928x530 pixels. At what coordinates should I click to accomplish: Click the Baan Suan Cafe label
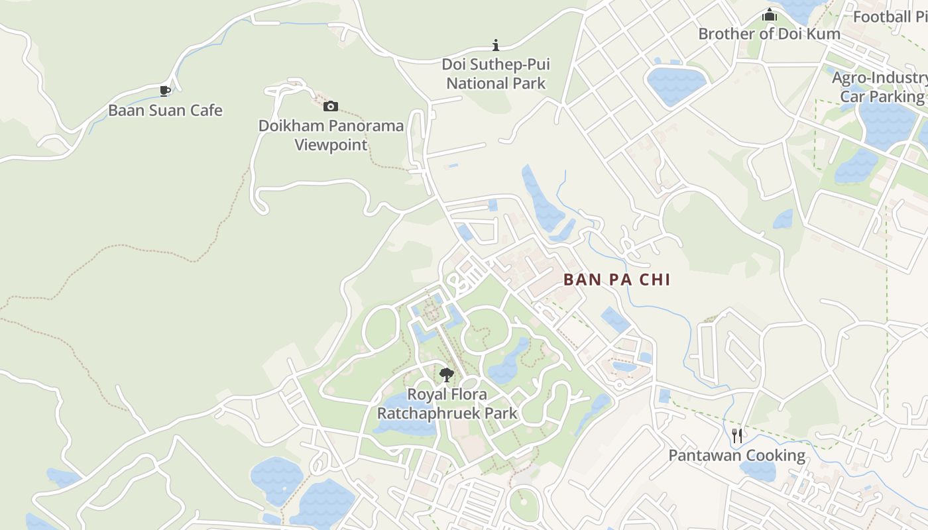[165, 110]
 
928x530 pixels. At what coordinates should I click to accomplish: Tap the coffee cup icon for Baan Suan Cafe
[165, 91]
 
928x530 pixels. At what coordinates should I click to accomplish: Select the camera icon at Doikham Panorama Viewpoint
[330, 106]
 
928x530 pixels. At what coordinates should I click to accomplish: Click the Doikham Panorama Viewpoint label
[331, 135]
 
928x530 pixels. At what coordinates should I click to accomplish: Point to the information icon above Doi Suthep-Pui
[495, 45]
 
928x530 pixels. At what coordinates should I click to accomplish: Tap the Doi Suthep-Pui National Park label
[496, 74]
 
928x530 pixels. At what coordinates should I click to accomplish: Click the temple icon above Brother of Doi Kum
[769, 15]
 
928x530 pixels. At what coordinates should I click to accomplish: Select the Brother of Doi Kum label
[769, 34]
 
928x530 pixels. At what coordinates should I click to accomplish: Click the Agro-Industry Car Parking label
[881, 87]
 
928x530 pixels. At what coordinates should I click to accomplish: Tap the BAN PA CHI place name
[616, 280]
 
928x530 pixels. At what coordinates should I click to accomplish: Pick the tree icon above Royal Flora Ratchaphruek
[447, 375]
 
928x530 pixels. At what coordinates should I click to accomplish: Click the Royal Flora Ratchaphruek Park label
[447, 404]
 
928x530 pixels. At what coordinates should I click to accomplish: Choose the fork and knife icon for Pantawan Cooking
[736, 435]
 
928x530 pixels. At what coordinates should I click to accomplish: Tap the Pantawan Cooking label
[736, 455]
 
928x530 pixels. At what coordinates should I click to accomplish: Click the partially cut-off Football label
[890, 17]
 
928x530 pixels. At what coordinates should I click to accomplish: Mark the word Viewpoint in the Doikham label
[331, 144]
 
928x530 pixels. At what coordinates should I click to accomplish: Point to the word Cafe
[206, 110]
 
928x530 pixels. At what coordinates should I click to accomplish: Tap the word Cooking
[772, 455]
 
